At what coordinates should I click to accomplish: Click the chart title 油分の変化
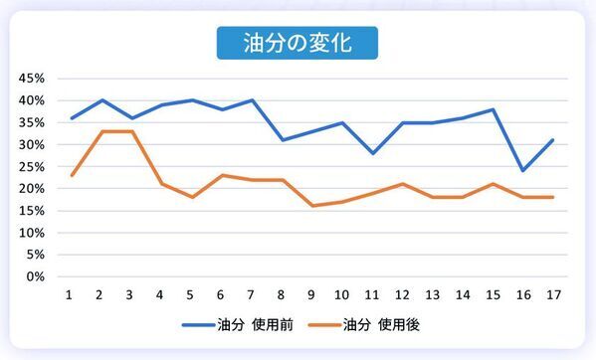298,44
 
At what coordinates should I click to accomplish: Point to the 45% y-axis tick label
32,79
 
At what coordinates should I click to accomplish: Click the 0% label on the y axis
36,276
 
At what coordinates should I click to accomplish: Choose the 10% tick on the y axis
32,233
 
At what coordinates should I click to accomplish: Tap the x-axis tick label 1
70,296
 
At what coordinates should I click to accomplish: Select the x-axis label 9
310,296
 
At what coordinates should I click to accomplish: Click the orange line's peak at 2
99,131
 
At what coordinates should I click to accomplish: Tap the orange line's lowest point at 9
310,206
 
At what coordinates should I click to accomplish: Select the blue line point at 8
281,140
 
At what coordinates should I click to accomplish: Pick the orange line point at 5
190,197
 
